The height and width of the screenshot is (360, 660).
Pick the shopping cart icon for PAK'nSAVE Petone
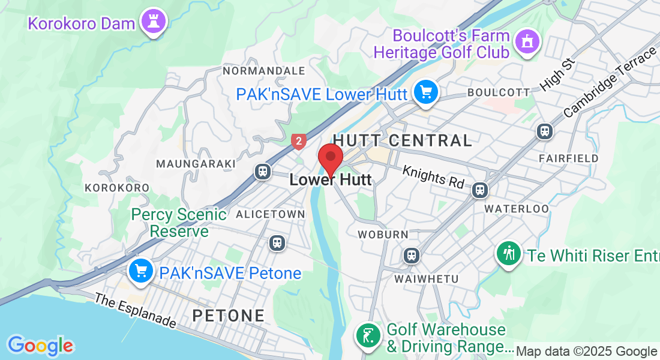pos(142,271)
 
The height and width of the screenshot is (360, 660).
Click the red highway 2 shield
pos(298,142)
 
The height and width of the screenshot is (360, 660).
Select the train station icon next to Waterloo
pos(479,190)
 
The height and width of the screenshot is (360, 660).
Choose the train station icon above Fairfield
pos(545,131)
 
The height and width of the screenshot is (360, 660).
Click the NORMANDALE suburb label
pos(263,71)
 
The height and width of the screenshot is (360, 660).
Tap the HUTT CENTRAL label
pos(403,140)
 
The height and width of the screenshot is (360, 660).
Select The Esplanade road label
pos(136,310)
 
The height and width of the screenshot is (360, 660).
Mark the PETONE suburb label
pos(229,316)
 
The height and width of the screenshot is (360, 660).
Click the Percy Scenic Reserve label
pos(179,223)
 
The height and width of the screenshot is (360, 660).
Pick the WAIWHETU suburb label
pos(427,279)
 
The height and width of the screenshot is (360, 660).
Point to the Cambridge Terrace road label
pos(610,82)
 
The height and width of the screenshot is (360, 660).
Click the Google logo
pos(40,346)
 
